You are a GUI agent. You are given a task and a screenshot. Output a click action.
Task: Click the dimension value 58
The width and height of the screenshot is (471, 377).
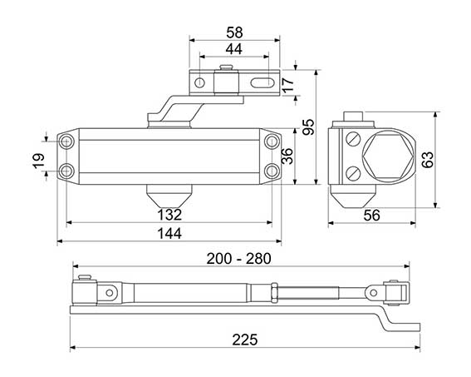pyautogui.click(x=234, y=32)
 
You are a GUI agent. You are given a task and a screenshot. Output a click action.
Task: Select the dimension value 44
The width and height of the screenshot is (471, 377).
pyautogui.click(x=234, y=49)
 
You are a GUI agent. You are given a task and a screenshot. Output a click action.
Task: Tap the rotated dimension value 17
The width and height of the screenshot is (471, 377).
pyautogui.click(x=287, y=85)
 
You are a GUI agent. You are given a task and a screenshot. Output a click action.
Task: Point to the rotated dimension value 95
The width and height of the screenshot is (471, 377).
pyautogui.click(x=308, y=126)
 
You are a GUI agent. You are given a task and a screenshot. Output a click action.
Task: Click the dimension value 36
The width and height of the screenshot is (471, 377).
pyautogui.click(x=287, y=156)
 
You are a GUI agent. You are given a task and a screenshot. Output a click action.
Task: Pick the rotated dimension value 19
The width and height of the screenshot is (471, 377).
pyautogui.click(x=38, y=161)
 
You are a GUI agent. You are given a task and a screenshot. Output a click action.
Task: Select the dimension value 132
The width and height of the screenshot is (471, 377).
pyautogui.click(x=169, y=215)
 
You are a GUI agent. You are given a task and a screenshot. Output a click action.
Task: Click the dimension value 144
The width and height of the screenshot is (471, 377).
pyautogui.click(x=169, y=234)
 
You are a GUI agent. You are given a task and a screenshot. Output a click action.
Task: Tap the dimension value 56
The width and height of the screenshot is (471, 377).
pyautogui.click(x=371, y=216)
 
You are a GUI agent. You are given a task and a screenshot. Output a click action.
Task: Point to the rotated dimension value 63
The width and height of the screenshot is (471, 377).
pyautogui.click(x=428, y=160)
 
